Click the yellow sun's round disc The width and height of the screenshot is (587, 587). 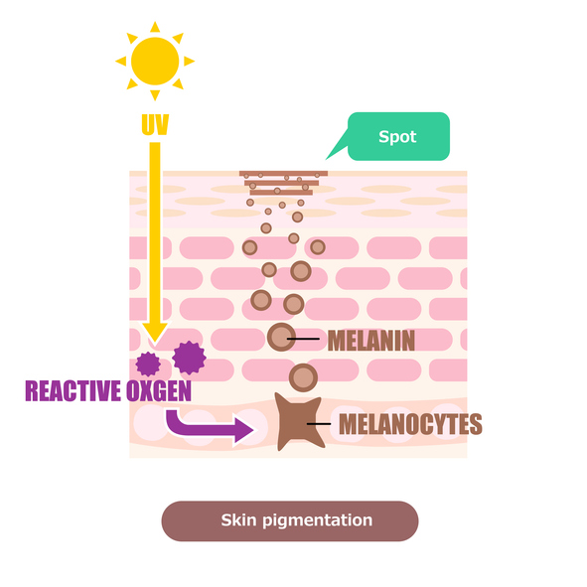coord(155,61)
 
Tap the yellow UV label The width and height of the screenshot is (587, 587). coord(155,125)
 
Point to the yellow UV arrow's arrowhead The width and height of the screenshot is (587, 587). coord(155,332)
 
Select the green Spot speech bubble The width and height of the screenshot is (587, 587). coord(398,136)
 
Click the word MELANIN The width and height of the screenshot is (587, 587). coord(371,341)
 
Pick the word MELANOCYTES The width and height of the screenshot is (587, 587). coord(410,424)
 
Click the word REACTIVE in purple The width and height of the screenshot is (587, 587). coord(73,390)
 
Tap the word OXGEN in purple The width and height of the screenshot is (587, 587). coord(159,390)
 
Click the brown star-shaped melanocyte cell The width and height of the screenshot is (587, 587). coord(298,421)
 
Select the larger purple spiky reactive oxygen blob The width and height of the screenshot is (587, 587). coord(189,358)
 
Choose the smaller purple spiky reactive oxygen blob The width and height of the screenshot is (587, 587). coord(148,364)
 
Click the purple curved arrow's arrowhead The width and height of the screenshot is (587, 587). coord(243,429)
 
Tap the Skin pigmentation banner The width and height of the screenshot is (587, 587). coord(290,520)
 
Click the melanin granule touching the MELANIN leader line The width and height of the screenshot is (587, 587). coord(281,337)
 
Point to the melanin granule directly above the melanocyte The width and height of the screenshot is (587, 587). coord(303,377)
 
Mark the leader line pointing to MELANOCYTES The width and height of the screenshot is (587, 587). coord(319,424)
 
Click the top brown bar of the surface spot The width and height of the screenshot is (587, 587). coord(283,174)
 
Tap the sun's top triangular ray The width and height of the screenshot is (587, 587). coord(155,27)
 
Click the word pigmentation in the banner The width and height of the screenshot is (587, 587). coord(318,520)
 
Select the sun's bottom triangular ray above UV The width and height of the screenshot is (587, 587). coord(155,95)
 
